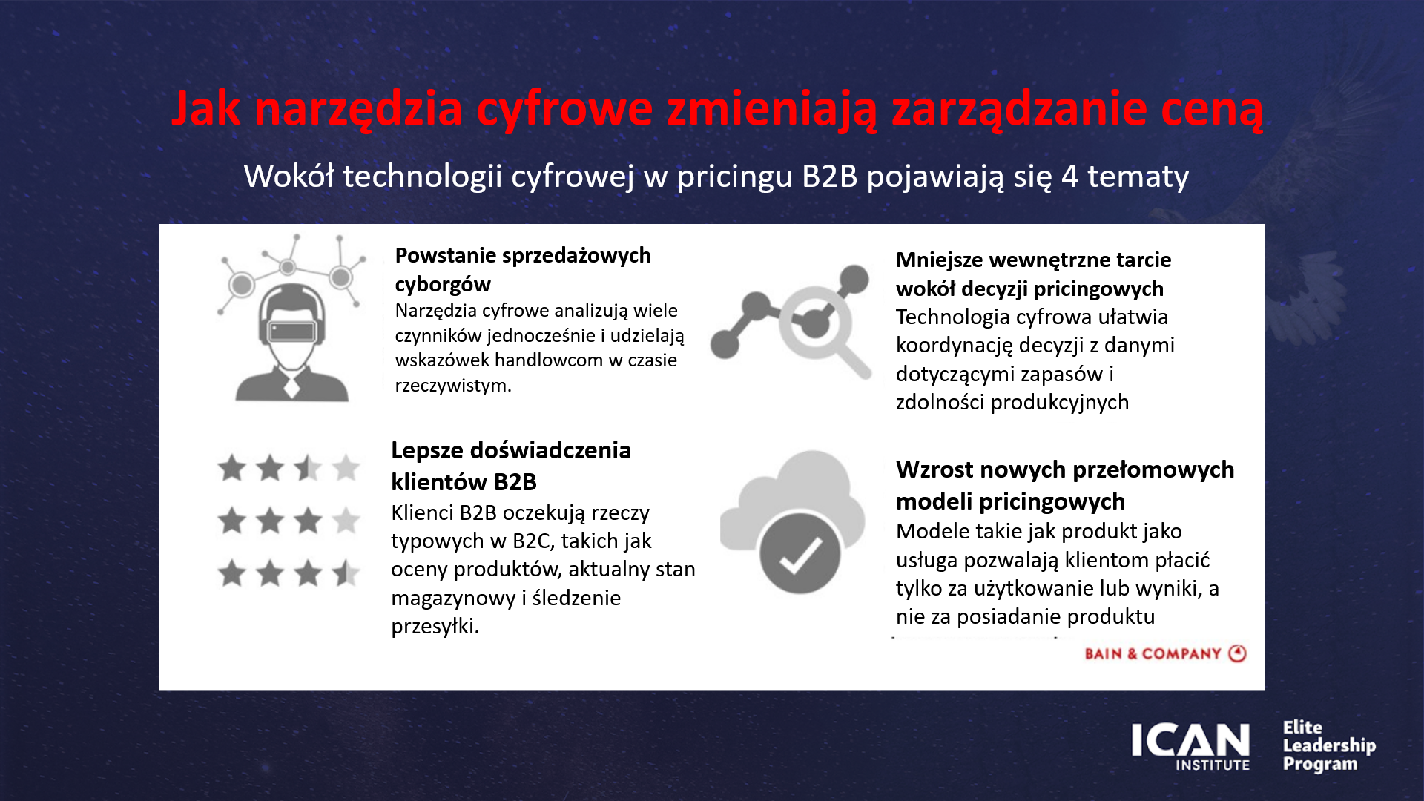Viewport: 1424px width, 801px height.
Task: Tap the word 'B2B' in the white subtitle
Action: [829, 177]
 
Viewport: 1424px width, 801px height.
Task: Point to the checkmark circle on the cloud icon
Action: [800, 553]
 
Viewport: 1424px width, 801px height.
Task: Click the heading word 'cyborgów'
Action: [443, 284]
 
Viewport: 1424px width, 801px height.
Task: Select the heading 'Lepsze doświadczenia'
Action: [511, 450]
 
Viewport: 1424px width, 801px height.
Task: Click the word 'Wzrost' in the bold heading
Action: [932, 469]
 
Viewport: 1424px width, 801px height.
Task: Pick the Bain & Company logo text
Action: [1153, 654]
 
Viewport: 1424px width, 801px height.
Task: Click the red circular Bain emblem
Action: [1237, 653]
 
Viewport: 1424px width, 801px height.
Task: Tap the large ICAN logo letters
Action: [1190, 740]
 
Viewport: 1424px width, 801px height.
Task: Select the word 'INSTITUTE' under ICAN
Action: [1213, 765]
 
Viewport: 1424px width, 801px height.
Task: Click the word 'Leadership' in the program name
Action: [1329, 745]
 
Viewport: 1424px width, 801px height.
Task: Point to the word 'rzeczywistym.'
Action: [453, 386]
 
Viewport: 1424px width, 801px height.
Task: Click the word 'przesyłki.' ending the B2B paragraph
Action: [435, 627]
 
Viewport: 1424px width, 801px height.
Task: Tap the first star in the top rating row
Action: [232, 468]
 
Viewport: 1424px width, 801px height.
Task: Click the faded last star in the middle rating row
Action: [346, 521]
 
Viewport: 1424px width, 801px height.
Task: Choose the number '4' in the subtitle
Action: [1069, 177]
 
